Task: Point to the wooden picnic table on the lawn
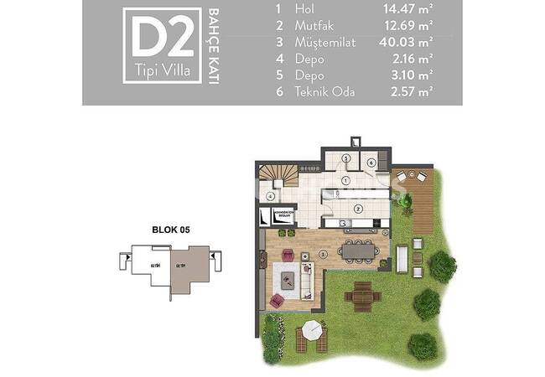pos(362,294)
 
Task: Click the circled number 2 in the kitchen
pos(358,209)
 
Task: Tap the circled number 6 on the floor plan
pos(370,163)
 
